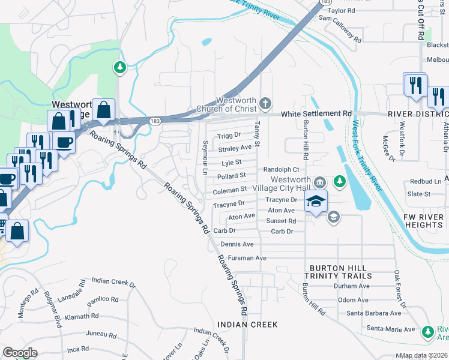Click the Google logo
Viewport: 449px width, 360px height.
pos(20,353)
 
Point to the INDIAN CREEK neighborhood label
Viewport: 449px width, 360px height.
pos(248,325)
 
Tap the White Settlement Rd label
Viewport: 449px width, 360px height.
pos(316,113)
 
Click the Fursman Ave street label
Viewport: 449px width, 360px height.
pos(243,258)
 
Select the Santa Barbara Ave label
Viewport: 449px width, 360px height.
pos(373,313)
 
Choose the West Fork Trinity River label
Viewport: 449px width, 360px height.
pos(367,156)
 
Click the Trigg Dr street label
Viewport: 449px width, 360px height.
pos(229,135)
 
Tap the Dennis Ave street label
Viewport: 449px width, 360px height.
pos(237,244)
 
